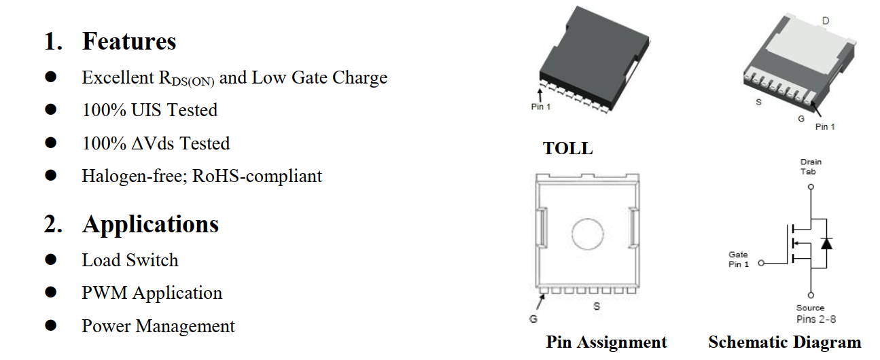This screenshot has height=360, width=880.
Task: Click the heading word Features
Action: pos(129,41)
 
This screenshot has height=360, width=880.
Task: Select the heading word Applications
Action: pos(150,224)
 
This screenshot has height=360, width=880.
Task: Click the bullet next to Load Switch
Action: pos(50,259)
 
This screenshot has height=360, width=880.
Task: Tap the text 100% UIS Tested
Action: pos(149,110)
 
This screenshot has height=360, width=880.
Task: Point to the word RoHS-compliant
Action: pos(257,176)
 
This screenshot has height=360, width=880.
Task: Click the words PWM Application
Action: pos(152,293)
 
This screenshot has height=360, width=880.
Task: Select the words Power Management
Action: pos(158,326)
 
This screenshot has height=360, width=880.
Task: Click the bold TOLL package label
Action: pos(567,148)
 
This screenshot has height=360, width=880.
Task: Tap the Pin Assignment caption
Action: pos(606,342)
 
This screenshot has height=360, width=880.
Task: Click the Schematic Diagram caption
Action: pos(784,342)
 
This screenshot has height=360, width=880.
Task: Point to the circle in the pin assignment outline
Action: pos(588,234)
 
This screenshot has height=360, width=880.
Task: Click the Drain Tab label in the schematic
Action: pos(810,166)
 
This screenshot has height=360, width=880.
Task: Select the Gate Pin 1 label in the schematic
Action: pos(738,259)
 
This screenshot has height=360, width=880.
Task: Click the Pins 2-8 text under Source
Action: pos(816,319)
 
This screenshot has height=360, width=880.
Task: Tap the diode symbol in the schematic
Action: pos(826,242)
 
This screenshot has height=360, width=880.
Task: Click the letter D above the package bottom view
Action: pos(826,22)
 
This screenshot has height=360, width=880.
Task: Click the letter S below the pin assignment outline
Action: pos(597,306)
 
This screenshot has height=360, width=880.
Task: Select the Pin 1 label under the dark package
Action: pos(541,107)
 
